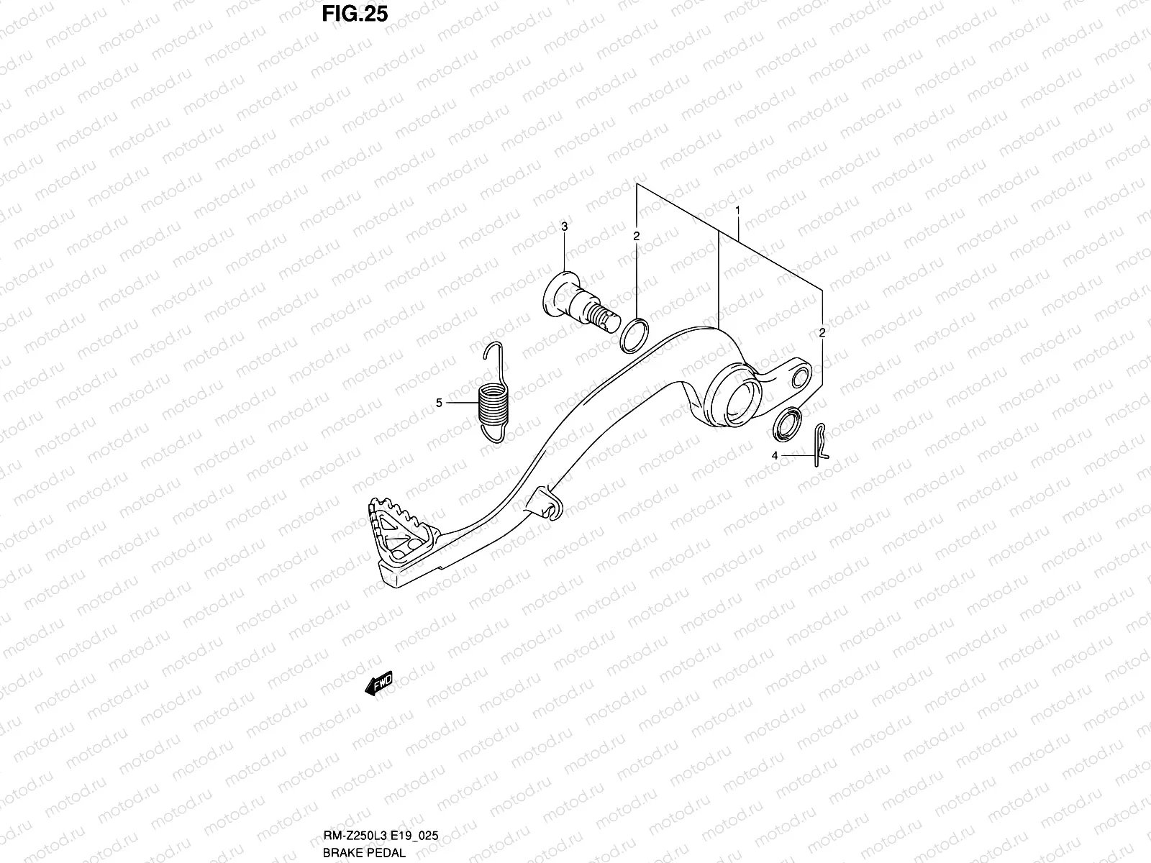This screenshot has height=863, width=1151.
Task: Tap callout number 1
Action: pyautogui.click(x=737, y=210)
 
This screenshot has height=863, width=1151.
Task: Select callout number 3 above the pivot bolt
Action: pyautogui.click(x=565, y=227)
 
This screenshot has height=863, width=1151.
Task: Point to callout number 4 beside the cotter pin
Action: pyautogui.click(x=775, y=455)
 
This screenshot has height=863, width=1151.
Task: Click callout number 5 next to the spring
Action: pyautogui.click(x=439, y=403)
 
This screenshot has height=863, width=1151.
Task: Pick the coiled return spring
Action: pyautogui.click(x=492, y=404)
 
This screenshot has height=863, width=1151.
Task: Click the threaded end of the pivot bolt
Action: pyautogui.click(x=603, y=316)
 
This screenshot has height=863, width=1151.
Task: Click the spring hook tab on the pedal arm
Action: pyautogui.click(x=547, y=501)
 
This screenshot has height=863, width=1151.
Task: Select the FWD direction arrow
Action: pyautogui.click(x=379, y=683)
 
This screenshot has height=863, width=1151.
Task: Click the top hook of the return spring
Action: pyautogui.click(x=491, y=352)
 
